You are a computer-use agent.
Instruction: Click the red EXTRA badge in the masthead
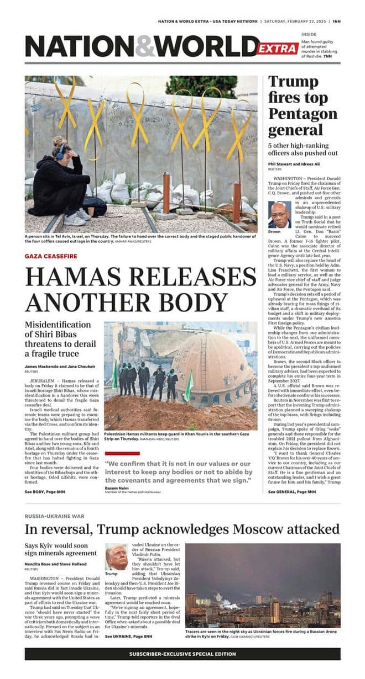278,49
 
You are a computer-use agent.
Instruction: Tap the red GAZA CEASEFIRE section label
50,256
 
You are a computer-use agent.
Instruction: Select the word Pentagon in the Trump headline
303,114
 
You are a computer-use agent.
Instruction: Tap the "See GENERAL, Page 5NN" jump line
292,491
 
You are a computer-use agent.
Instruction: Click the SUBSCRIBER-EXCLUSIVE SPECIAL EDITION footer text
182,654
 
